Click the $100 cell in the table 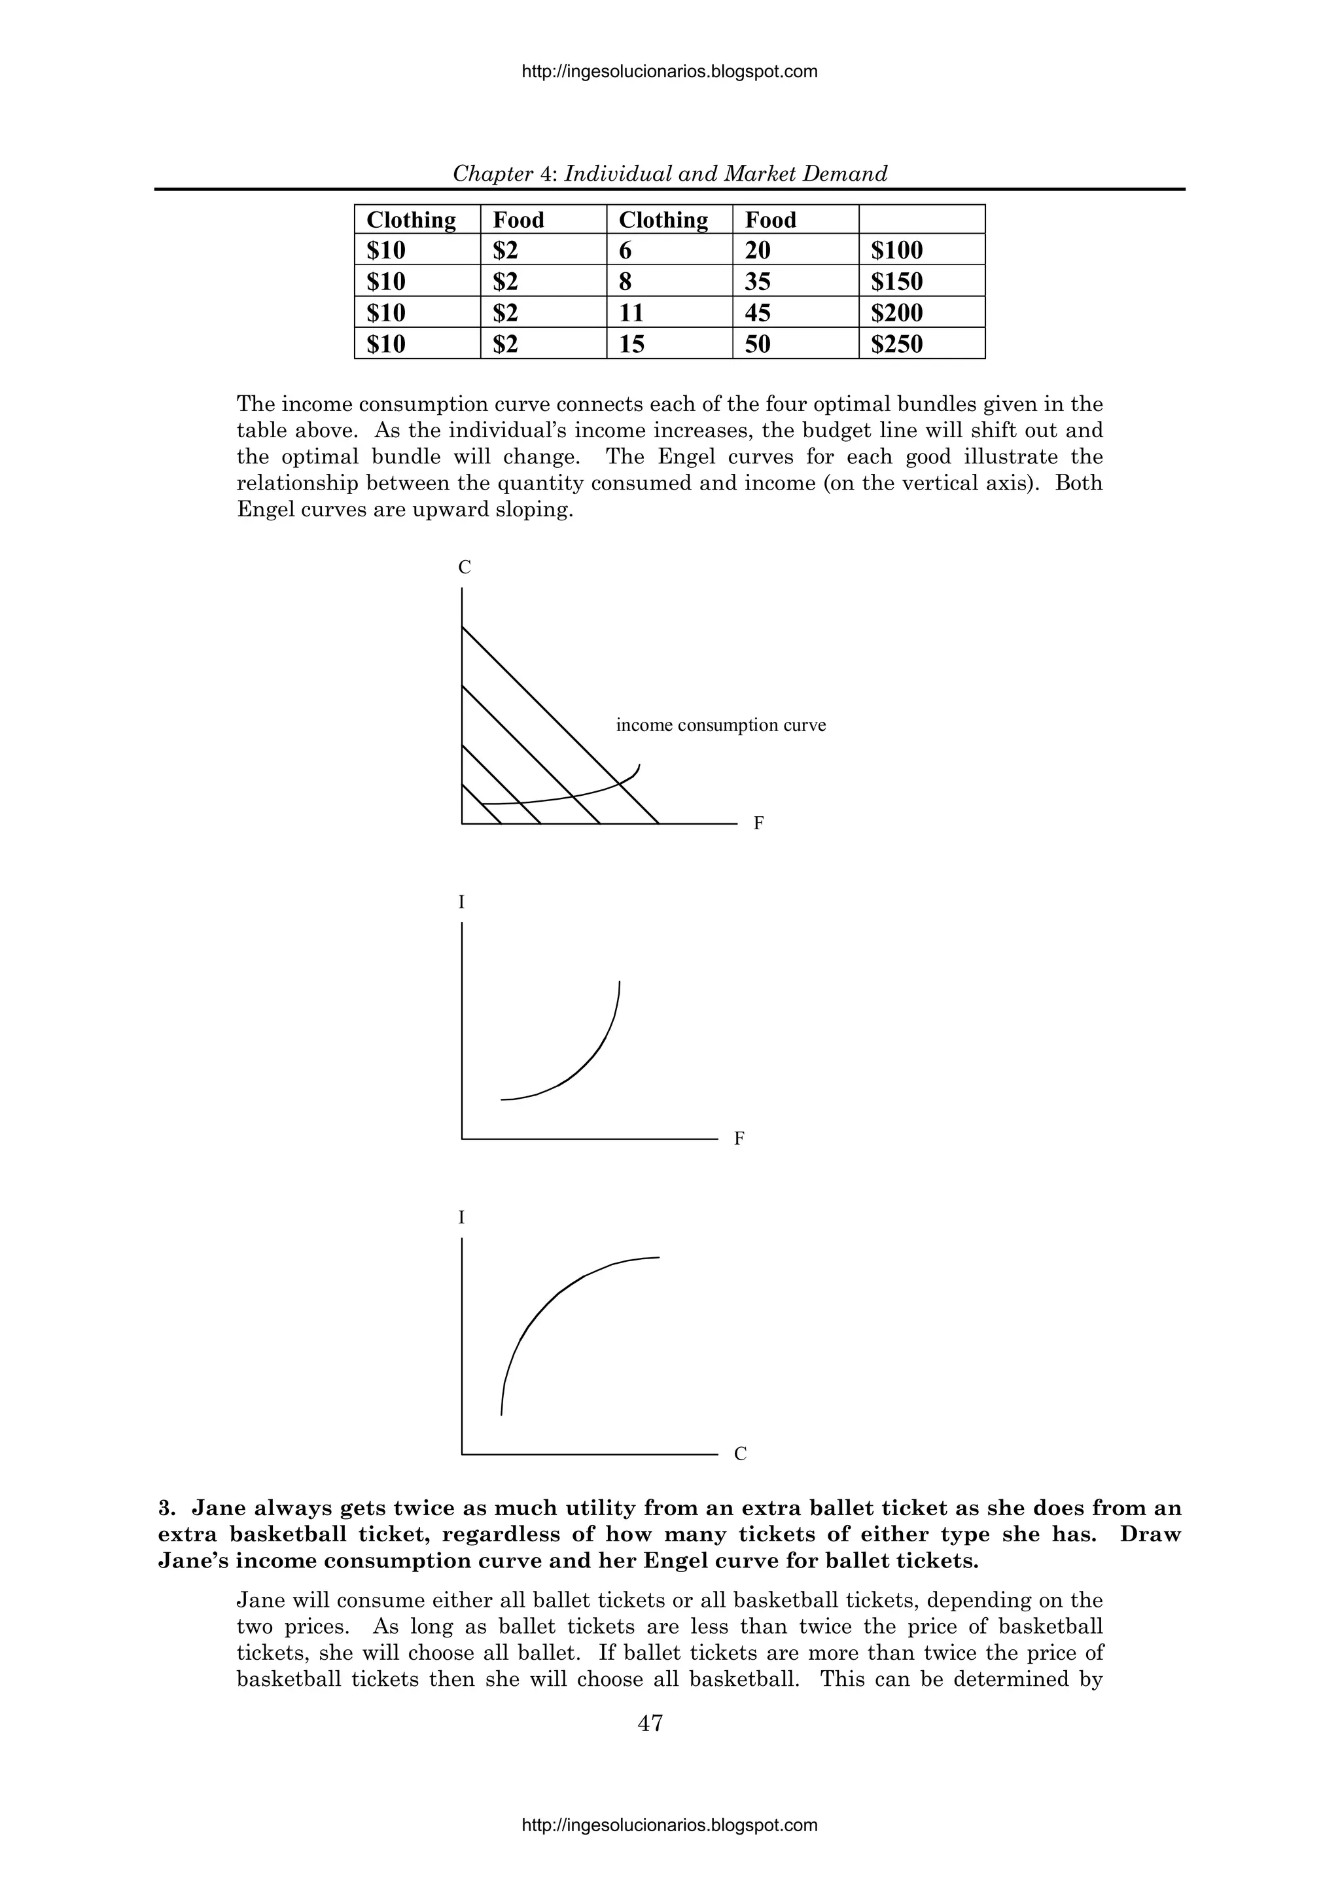(x=896, y=250)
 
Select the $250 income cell (x=896, y=344)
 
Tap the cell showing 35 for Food (x=757, y=281)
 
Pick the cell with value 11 (x=631, y=313)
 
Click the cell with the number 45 (x=757, y=313)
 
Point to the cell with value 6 (x=625, y=250)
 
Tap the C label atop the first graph (x=465, y=567)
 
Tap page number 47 (x=650, y=1723)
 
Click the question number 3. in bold (x=167, y=1509)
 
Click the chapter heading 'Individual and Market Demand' (x=726, y=173)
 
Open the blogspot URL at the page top (x=669, y=72)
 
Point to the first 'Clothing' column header (x=410, y=220)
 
